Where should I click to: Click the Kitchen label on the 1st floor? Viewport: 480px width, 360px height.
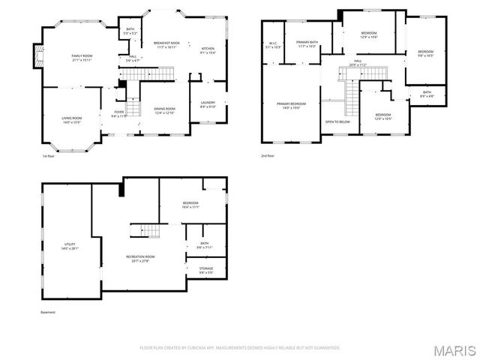coord(208,51)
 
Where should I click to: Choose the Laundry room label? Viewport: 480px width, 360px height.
coord(208,105)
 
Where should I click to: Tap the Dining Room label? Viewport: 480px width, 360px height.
coord(164,111)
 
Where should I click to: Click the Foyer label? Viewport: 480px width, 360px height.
coord(118,114)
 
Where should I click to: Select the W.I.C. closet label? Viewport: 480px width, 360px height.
coord(273,45)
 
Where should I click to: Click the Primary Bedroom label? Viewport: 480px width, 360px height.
coord(291,106)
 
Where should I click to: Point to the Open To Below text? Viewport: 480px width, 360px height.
coord(338,121)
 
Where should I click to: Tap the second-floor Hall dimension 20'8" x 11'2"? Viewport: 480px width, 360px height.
coord(358,65)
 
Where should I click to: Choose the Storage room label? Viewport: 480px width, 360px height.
coord(205,270)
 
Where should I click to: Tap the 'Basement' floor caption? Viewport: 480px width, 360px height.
coord(48,313)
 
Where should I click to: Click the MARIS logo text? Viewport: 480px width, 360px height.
coord(454,349)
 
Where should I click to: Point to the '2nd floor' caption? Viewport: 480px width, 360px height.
coord(268,156)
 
